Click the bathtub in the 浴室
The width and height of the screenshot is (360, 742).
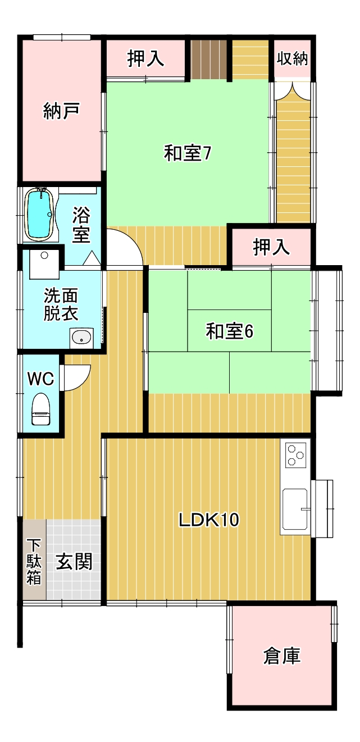pos(39,215)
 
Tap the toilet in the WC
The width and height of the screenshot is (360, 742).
pos(41,409)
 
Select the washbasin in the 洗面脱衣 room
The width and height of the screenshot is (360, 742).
pos(81,338)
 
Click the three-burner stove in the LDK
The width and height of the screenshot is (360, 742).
pos(296,456)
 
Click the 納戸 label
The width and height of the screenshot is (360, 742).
pos(61,111)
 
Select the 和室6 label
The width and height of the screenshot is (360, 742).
pos(230,331)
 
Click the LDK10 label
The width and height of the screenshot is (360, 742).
pos(209,520)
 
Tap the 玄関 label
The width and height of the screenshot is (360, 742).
pos(74,561)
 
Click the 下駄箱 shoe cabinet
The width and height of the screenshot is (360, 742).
pos(34,559)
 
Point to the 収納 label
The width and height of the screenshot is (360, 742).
pos(292,58)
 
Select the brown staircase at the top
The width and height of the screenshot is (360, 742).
pos(209,59)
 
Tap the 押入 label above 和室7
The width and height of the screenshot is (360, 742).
pos(145,58)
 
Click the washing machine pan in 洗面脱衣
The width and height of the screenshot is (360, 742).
pos(44,264)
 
